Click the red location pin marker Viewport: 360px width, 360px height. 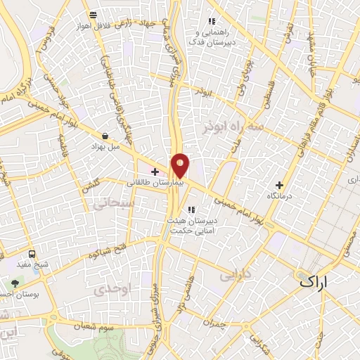click(180, 166)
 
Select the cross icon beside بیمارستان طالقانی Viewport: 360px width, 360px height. click(155, 172)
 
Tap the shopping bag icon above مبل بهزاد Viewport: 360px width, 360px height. click(105, 136)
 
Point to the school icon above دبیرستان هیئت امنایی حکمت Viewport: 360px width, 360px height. click(191, 209)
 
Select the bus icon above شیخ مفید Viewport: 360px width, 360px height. click(32, 254)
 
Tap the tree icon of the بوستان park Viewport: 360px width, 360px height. click(15, 283)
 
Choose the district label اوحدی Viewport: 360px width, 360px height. click(112, 289)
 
